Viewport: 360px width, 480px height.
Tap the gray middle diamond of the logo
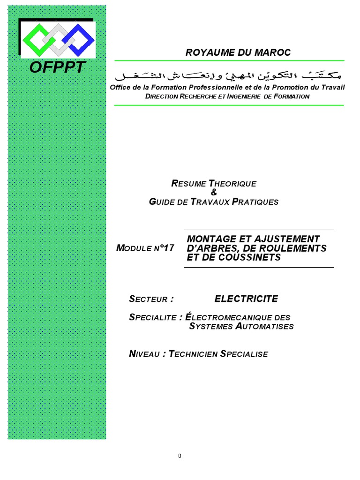pos(57,38)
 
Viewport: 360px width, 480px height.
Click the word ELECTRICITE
pos(246,299)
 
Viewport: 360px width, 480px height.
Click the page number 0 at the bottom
pos(180,457)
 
